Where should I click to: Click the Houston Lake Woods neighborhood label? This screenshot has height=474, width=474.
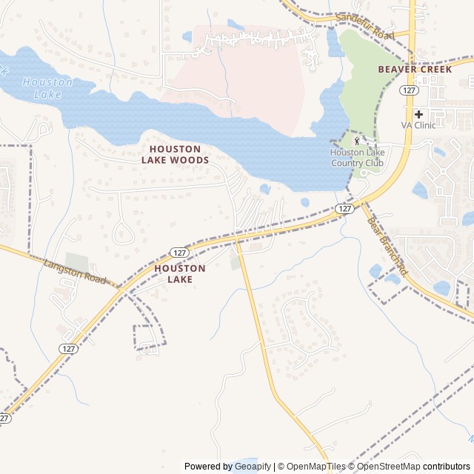[x=175, y=154]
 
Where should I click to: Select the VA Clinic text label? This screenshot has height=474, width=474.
[x=418, y=126]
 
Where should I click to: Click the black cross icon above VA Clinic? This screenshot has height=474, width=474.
[x=418, y=114]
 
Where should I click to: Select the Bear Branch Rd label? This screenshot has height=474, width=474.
[x=387, y=246]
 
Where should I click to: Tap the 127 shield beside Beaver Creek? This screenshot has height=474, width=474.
[x=408, y=90]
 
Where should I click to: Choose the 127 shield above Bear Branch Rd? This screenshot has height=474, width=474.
[x=344, y=209]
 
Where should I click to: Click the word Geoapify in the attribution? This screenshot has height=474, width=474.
[x=252, y=467]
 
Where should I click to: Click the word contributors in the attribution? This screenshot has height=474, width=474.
[x=447, y=467]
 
